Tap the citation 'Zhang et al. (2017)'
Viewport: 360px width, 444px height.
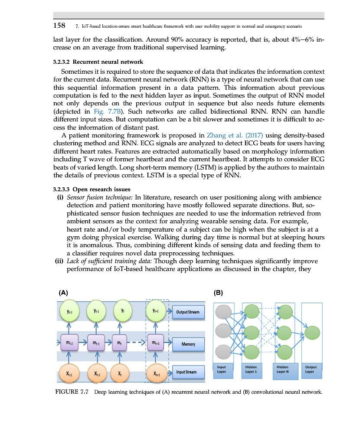coord(235,135)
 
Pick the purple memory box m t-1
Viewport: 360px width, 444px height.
coord(96,343)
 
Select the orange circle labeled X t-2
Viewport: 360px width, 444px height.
coord(69,373)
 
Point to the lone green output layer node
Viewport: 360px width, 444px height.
coord(311,333)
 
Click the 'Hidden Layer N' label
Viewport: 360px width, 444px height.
coord(282,369)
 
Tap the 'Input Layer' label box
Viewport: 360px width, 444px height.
coord(221,369)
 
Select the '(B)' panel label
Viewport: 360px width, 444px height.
coord(219,293)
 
